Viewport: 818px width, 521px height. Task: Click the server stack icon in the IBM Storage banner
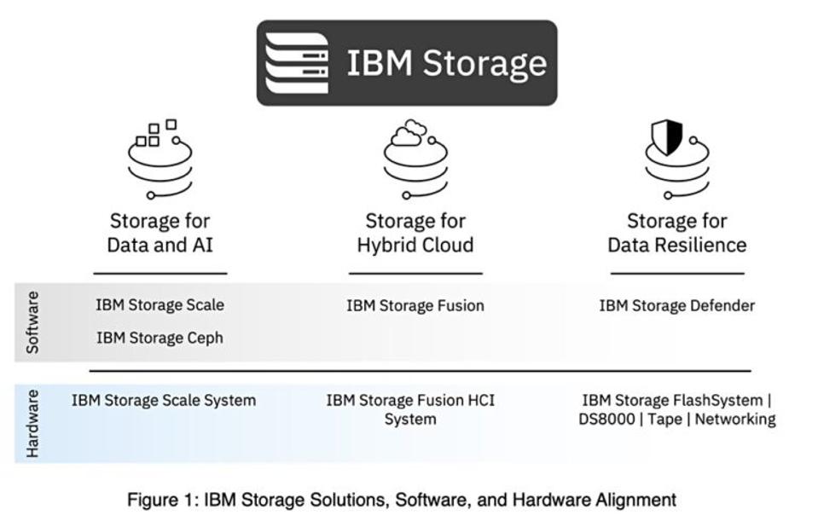[x=296, y=63]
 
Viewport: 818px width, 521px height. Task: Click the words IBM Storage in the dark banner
[x=446, y=63]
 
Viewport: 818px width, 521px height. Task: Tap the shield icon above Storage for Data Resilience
[x=668, y=137]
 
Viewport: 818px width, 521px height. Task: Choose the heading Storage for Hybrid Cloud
[x=415, y=233]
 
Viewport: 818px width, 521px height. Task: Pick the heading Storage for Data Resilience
[x=676, y=233]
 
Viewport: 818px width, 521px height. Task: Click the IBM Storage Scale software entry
[x=160, y=304]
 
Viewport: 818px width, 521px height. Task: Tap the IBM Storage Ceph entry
[x=160, y=338]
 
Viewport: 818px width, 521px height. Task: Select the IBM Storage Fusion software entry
[x=415, y=305]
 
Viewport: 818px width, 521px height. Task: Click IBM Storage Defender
[x=676, y=305]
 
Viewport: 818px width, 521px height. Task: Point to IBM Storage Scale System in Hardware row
[x=164, y=400]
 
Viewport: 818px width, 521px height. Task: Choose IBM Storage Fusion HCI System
[x=410, y=409]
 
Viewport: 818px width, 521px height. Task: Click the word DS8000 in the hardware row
[x=607, y=420]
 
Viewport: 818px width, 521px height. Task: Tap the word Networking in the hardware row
[x=735, y=420]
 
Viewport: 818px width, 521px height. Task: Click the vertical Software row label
[x=32, y=322]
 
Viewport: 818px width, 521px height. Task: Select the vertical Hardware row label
[x=32, y=424]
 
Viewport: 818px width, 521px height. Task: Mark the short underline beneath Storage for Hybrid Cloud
[x=415, y=274]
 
